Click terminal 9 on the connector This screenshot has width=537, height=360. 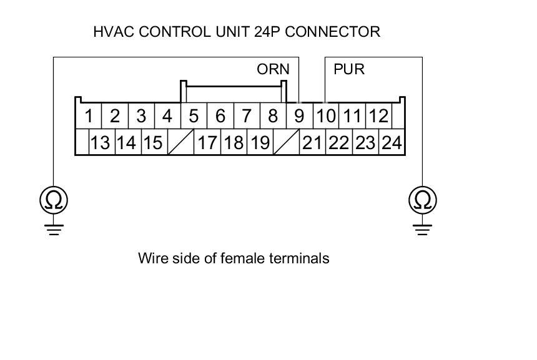299,116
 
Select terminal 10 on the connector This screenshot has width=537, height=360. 325,116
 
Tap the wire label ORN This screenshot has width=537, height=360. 273,69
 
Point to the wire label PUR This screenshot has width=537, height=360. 349,69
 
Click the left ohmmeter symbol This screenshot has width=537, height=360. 54,200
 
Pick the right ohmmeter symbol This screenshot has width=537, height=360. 423,200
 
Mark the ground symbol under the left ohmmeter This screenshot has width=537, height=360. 54,228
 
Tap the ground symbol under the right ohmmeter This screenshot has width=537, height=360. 423,228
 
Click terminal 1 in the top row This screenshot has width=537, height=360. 90,116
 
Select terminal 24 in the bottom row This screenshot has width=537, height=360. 391,143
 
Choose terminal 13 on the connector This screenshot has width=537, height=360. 100,143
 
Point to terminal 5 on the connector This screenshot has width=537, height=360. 194,116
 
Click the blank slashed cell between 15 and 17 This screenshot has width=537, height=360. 180,143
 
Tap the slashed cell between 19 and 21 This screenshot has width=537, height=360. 286,143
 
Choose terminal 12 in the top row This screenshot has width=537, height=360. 378,116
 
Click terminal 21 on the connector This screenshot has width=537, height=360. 312,143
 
